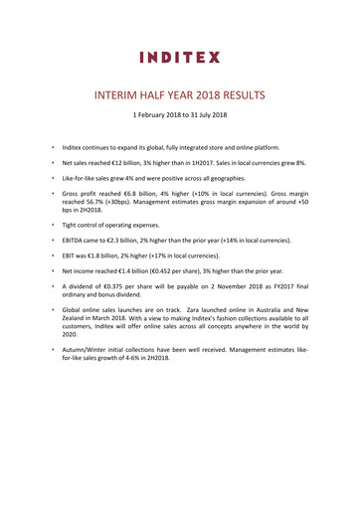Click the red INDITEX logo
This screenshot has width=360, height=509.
click(179, 57)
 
